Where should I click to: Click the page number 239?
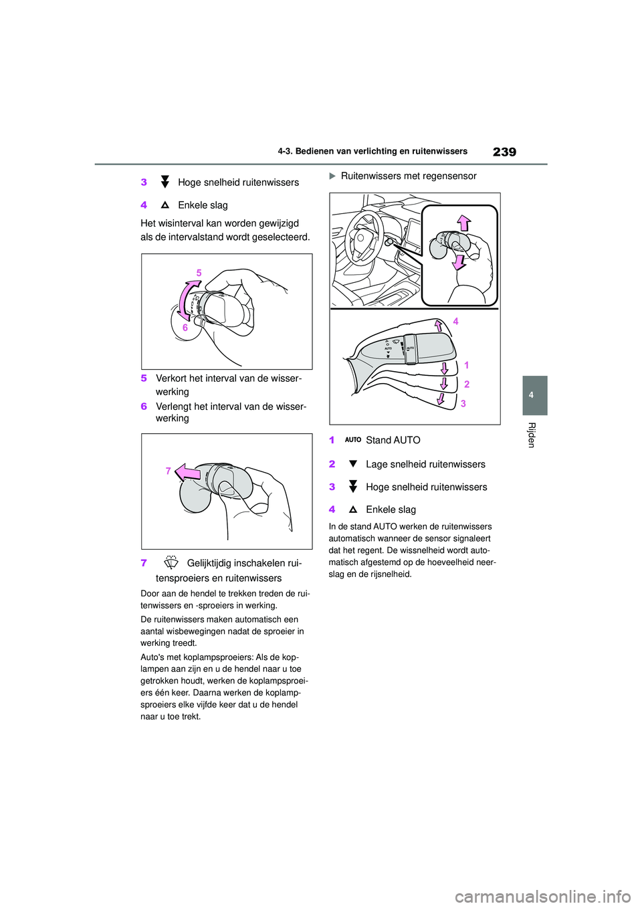(x=504, y=152)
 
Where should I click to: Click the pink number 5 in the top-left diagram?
(x=199, y=273)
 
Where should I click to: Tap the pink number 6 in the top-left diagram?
(x=185, y=328)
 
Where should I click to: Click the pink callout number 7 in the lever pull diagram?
(x=168, y=471)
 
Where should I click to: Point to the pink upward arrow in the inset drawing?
(x=463, y=223)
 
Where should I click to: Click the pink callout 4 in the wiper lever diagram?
(x=455, y=321)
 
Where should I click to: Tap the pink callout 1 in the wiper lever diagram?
(x=466, y=365)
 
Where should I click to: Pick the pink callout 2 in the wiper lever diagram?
(x=466, y=384)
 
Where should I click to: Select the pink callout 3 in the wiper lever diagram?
(x=463, y=403)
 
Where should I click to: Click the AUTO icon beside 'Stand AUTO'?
(x=352, y=440)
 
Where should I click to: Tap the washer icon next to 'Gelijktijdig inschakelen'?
(x=171, y=562)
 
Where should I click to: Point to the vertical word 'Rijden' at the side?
(x=532, y=435)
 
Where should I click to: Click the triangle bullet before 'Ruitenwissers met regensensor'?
(x=332, y=176)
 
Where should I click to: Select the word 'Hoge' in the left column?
(x=190, y=183)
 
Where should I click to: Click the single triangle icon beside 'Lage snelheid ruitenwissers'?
(x=352, y=464)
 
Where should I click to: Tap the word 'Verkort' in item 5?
(x=171, y=378)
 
